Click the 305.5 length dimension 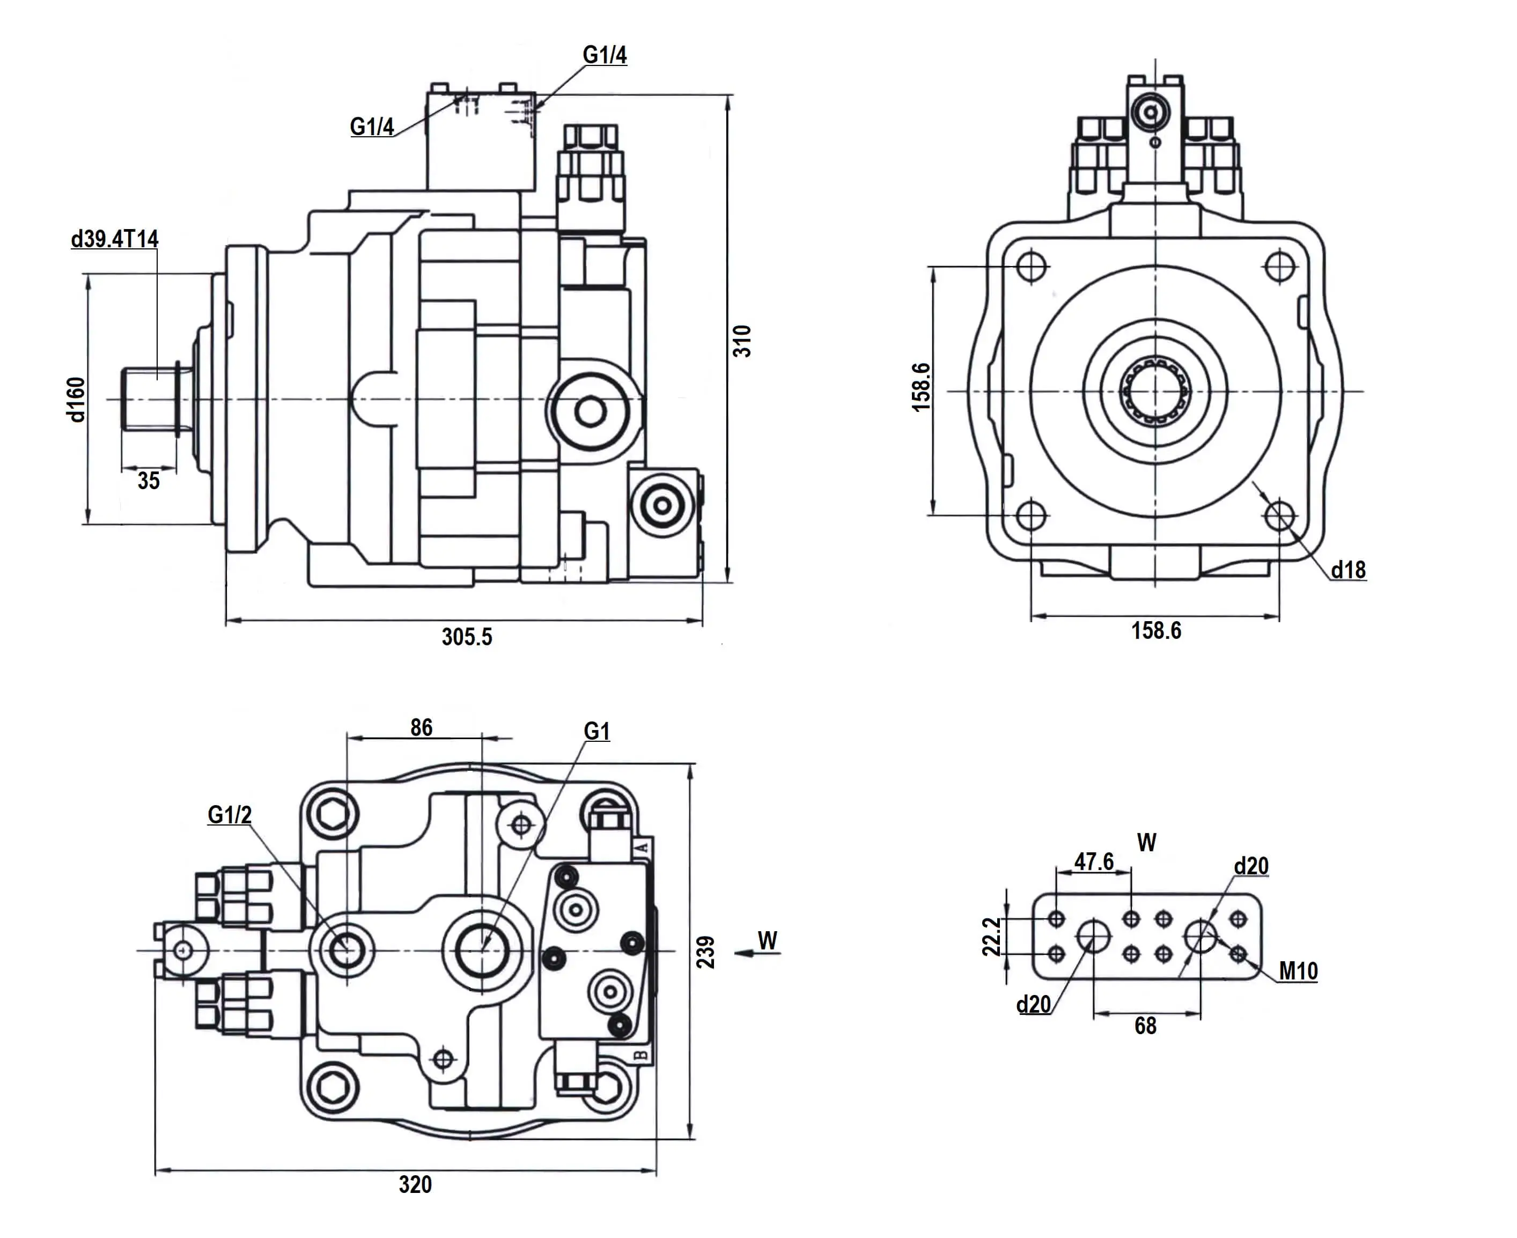[x=467, y=636]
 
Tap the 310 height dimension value [x=742, y=340]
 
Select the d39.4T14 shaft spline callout [x=114, y=239]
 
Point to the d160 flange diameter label [x=76, y=400]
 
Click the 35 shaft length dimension [x=149, y=481]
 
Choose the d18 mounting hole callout [x=1348, y=570]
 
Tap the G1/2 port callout [x=229, y=814]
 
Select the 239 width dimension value [x=705, y=952]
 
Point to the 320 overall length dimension [x=415, y=1184]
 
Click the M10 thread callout [x=1298, y=970]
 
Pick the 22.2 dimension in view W [x=991, y=937]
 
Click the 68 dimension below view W [x=1145, y=1026]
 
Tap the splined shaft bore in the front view [x=1155, y=392]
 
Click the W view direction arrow [x=756, y=952]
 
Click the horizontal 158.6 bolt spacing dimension [x=1155, y=630]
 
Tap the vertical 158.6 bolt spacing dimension [x=922, y=387]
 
